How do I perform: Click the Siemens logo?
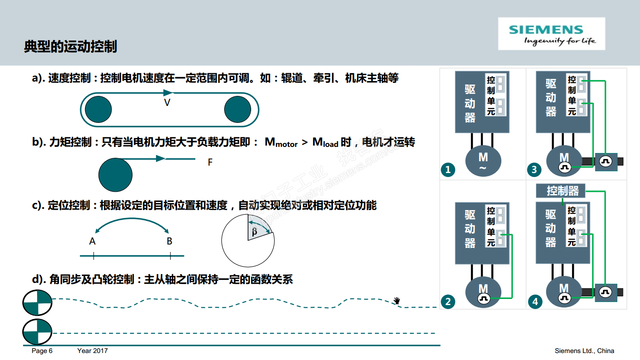(x=551, y=34)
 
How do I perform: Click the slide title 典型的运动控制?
(x=71, y=46)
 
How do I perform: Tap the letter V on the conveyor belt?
(x=167, y=103)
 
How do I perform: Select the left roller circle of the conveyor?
(x=98, y=109)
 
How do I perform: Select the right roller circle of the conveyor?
(x=238, y=109)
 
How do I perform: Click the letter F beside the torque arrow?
(x=210, y=163)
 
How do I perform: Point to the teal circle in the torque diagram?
(x=116, y=175)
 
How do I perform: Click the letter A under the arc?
(x=92, y=241)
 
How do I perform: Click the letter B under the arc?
(x=170, y=241)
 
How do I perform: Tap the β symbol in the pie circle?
(x=255, y=231)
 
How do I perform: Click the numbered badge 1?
(x=448, y=170)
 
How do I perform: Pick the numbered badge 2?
(x=448, y=302)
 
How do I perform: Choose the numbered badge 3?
(x=534, y=170)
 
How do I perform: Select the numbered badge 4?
(x=535, y=302)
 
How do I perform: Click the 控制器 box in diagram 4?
(x=562, y=191)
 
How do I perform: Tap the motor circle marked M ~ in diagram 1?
(x=483, y=161)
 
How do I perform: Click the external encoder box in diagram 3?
(x=606, y=162)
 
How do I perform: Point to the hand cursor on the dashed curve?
(x=397, y=300)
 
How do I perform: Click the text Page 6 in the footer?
(x=42, y=351)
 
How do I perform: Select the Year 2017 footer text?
(x=92, y=351)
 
